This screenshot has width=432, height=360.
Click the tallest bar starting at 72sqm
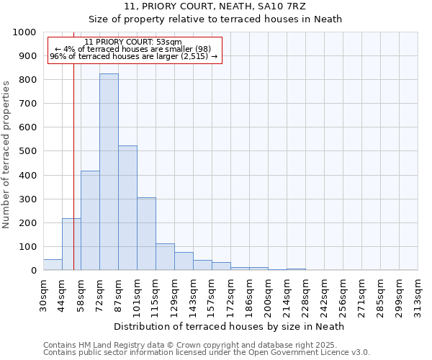click(x=109, y=172)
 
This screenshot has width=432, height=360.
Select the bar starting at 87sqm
click(x=127, y=208)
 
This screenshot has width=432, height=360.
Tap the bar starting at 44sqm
click(x=71, y=244)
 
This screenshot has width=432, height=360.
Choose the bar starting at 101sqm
click(x=146, y=234)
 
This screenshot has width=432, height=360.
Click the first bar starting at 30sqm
click(x=53, y=264)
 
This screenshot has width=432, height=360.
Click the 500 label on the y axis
click(x=27, y=151)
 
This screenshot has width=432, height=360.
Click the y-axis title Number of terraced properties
click(x=7, y=154)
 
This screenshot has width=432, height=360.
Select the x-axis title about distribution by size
click(x=230, y=326)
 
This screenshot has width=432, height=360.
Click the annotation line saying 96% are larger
click(x=134, y=56)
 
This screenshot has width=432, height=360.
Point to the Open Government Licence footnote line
click(x=207, y=353)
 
